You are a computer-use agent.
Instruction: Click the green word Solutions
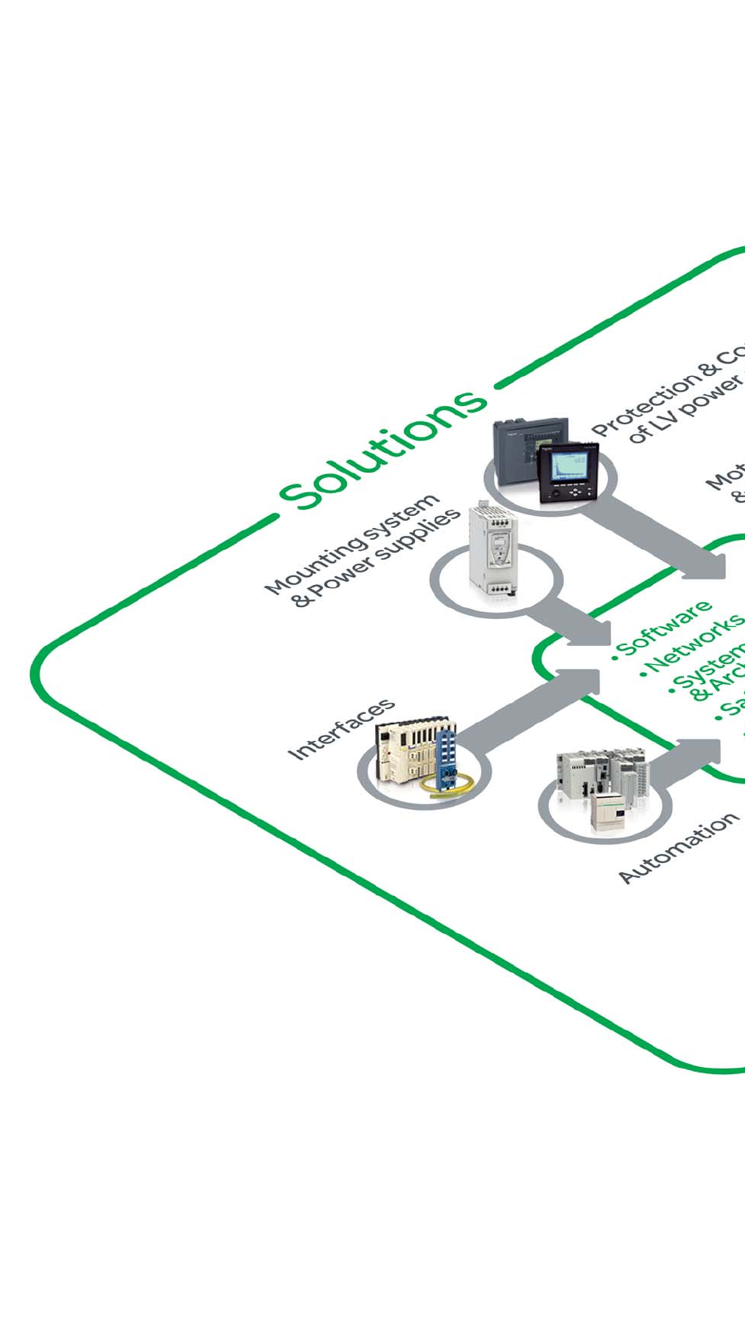click(x=382, y=448)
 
